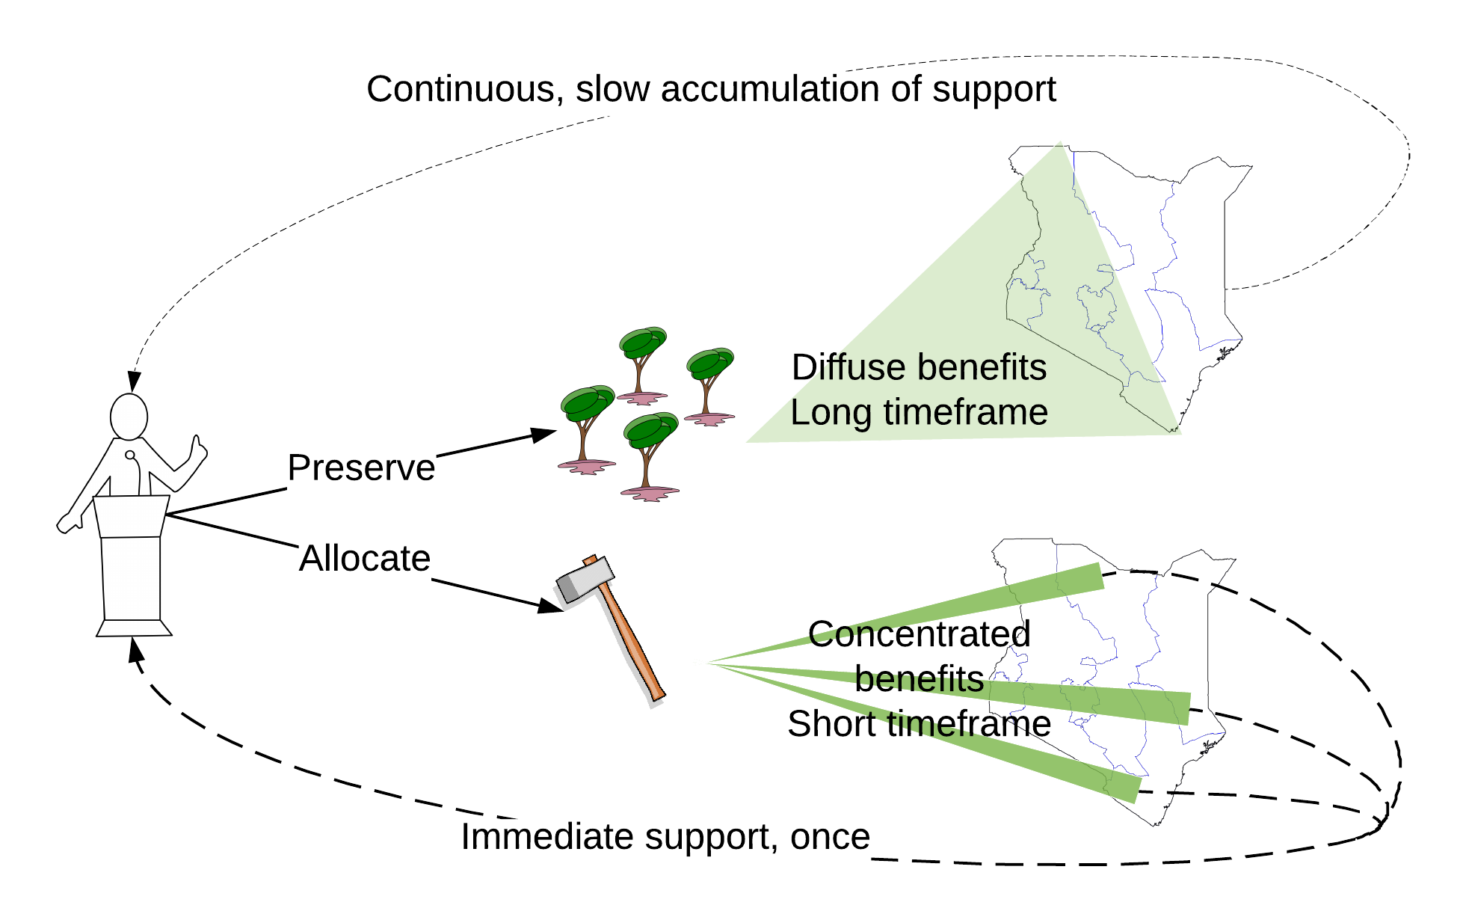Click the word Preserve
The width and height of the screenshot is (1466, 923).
pyautogui.click(x=361, y=467)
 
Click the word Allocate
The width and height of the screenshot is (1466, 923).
pyautogui.click(x=365, y=558)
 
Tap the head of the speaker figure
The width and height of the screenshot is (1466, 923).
pyautogui.click(x=129, y=417)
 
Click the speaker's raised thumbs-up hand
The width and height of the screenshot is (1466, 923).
pyautogui.click(x=197, y=449)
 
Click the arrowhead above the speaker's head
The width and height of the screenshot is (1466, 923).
pyautogui.click(x=134, y=381)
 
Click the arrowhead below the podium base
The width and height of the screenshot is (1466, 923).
pyautogui.click(x=135, y=649)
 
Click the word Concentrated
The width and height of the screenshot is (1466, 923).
pyautogui.click(x=919, y=634)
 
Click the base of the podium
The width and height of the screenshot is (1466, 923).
pyautogui.click(x=134, y=628)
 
